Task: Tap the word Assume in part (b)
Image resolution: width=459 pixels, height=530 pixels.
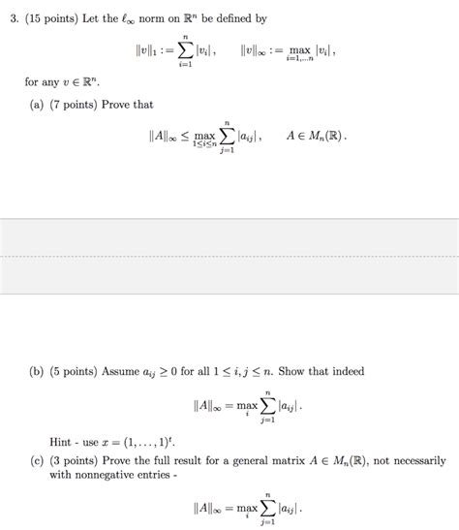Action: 135,371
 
